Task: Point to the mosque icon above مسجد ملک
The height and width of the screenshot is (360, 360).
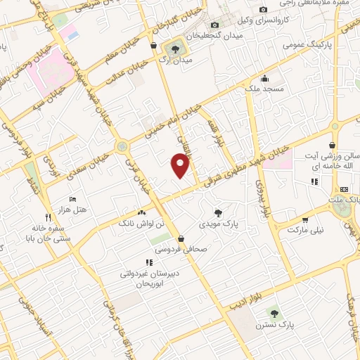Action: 264,78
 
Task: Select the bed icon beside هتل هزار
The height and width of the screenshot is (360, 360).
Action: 73,200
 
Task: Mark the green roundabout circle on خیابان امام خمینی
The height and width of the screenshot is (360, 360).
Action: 124,147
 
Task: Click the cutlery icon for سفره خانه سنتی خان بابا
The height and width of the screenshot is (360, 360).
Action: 47,218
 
